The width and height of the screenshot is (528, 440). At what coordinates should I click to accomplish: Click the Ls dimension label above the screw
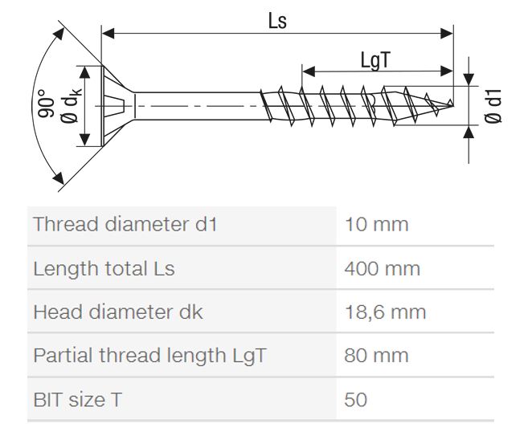(277, 21)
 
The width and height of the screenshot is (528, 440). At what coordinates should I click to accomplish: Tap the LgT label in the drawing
(375, 60)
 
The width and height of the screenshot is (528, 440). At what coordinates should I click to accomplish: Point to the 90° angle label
(46, 104)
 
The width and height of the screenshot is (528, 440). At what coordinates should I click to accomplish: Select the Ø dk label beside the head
(72, 105)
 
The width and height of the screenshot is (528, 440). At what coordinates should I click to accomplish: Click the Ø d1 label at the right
(493, 106)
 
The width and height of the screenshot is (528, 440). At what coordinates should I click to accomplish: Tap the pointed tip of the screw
(452, 106)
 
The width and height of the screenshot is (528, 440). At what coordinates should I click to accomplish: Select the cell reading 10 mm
(376, 224)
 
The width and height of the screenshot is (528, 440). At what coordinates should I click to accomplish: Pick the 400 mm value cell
(383, 269)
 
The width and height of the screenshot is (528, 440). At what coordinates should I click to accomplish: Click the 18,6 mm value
(385, 312)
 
